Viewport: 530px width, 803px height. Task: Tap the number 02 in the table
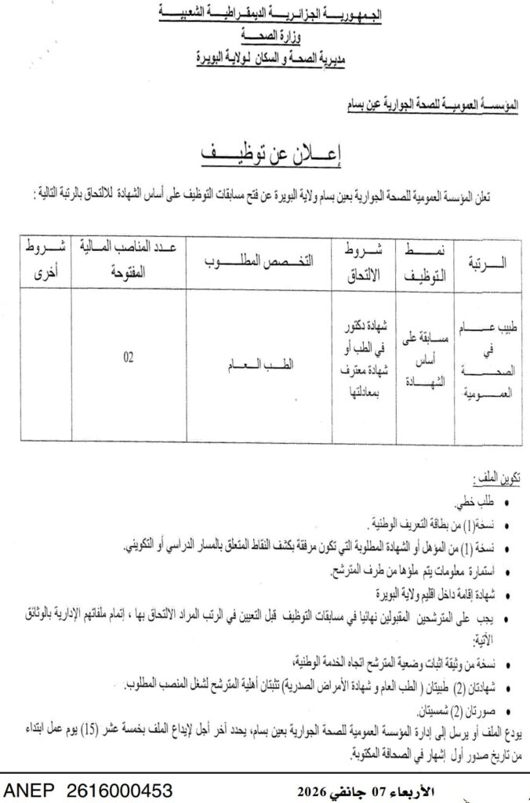(128, 358)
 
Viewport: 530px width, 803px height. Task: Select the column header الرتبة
(487, 263)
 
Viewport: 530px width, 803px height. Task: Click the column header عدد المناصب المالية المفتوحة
(128, 262)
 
